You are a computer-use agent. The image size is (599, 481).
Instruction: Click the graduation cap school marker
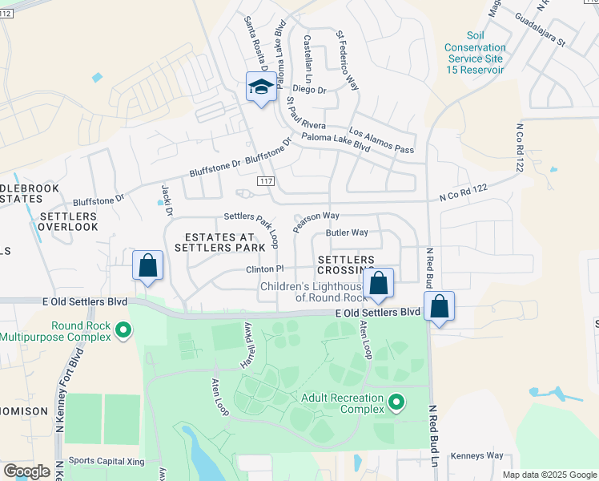click(261, 87)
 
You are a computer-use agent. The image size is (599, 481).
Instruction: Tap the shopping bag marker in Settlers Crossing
click(379, 284)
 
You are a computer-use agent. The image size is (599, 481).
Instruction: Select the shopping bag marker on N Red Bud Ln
click(440, 306)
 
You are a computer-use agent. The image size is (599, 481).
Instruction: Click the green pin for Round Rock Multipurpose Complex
click(123, 329)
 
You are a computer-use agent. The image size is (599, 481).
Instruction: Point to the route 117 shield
click(267, 183)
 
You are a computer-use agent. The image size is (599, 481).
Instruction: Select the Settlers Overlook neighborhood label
click(68, 221)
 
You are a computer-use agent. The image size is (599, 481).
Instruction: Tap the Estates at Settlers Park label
click(219, 244)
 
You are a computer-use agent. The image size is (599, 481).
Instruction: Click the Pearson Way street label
click(316, 221)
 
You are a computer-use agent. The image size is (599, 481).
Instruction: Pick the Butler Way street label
click(346, 232)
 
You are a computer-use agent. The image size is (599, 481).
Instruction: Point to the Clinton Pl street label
click(264, 269)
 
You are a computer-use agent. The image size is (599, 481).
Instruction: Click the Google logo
click(27, 471)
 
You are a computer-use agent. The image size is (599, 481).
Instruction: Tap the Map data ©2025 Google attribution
click(549, 475)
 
